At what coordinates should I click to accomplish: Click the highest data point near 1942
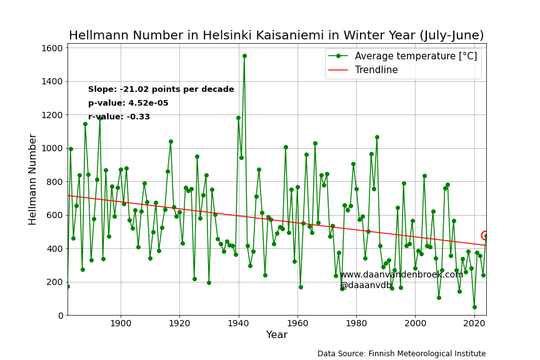point(244,56)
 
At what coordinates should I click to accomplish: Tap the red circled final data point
point(486,236)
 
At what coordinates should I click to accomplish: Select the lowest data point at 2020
point(474,307)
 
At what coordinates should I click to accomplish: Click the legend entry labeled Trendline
point(376,70)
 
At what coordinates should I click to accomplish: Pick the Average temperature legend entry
point(416,56)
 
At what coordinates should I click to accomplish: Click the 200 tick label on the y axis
point(55,282)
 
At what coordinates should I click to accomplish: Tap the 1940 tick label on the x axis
point(239,323)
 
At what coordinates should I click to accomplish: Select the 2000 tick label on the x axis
point(416,323)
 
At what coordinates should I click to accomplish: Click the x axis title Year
point(276,334)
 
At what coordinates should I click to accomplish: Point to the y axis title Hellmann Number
point(32,179)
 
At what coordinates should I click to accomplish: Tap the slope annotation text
point(161,89)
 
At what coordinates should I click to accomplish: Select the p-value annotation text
point(128,103)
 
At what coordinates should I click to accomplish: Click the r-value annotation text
point(119,117)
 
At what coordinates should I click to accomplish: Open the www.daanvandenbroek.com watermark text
point(401,274)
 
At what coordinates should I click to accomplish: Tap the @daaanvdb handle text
point(366,285)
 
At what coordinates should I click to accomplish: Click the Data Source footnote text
point(401,354)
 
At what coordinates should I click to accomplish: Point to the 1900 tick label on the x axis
point(121,323)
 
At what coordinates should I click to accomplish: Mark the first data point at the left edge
point(68,287)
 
